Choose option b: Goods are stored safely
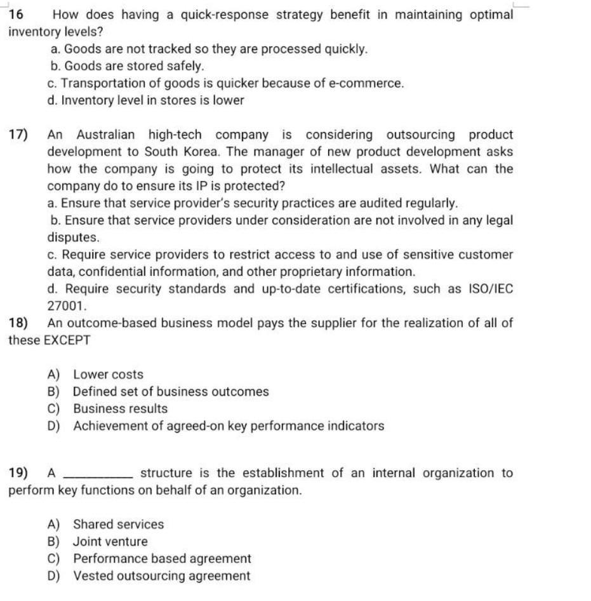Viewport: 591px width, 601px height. pyautogui.click(x=127, y=66)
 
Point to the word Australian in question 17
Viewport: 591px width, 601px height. pyautogui.click(x=106, y=135)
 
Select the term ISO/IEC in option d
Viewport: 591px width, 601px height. pyautogui.click(x=490, y=288)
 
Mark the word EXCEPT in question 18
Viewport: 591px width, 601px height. pyautogui.click(x=66, y=340)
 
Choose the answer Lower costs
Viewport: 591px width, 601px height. pyautogui.click(x=108, y=375)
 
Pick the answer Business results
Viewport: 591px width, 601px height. pyautogui.click(x=120, y=409)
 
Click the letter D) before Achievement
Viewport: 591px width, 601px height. pyautogui.click(x=53, y=426)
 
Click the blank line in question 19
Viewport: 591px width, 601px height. pyautogui.click(x=99, y=474)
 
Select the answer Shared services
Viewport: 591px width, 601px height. pyautogui.click(x=118, y=525)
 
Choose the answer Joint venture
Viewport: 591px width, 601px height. pyautogui.click(x=110, y=542)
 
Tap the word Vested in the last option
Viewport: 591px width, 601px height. pyautogui.click(x=91, y=576)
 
